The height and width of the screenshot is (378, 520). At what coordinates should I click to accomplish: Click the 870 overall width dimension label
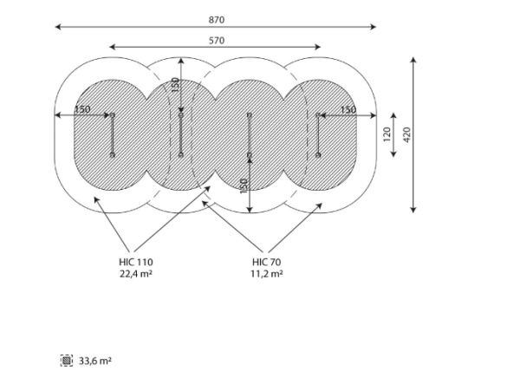tap(216, 20)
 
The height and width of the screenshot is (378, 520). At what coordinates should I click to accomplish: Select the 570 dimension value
tap(216, 41)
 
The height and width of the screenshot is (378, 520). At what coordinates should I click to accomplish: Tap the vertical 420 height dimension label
tap(407, 134)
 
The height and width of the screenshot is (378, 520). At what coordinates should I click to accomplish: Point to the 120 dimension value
tap(387, 134)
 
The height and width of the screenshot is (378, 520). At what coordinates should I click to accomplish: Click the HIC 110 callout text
tap(136, 262)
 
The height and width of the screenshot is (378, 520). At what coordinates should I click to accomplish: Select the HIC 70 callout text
tap(266, 262)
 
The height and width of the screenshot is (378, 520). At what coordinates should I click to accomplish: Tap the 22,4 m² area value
tap(136, 274)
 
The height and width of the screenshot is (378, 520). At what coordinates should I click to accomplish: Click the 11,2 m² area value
tap(267, 274)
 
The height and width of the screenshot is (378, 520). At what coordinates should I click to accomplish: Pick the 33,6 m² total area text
tap(94, 361)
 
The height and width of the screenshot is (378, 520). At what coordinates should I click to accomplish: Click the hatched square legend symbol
tap(67, 361)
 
